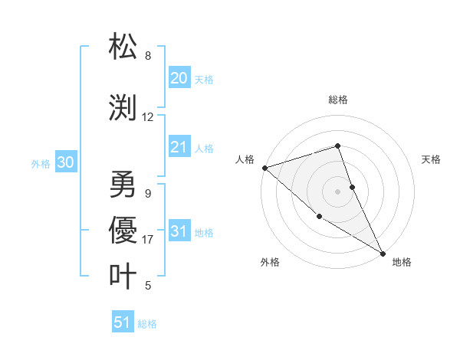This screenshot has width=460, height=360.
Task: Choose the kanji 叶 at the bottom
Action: (123, 276)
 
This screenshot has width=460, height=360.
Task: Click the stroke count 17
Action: (148, 240)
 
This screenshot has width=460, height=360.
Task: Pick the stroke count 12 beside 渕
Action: (148, 117)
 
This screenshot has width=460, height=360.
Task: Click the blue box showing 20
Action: (179, 78)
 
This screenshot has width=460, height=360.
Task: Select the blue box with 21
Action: (179, 147)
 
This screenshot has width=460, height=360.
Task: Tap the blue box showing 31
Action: (179, 232)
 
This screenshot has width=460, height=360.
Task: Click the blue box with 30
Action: (66, 162)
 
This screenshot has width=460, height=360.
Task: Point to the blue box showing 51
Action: (123, 322)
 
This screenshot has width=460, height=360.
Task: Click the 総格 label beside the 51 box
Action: (147, 324)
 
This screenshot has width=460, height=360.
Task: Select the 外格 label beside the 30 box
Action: (41, 163)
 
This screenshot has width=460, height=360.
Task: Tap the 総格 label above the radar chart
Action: (338, 100)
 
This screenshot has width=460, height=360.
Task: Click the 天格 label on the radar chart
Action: (432, 159)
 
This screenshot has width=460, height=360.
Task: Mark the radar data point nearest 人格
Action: (264, 167)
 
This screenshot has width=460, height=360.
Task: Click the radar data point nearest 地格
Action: (383, 253)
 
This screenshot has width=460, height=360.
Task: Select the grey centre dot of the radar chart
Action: (338, 191)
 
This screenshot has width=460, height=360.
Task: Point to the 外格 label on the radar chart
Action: (270, 262)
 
